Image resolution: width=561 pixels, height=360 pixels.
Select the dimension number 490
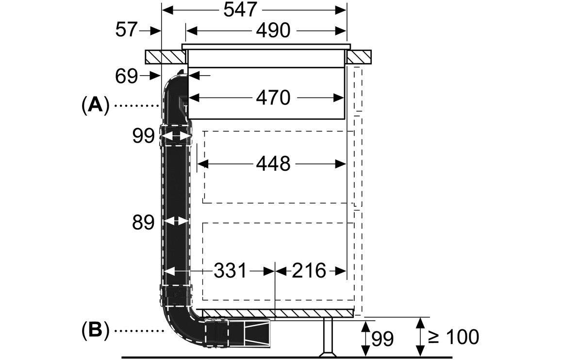[273, 31]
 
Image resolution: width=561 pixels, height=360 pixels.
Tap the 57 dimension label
[126, 29]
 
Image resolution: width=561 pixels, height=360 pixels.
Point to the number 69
[126, 76]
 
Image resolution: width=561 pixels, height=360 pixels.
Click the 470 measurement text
[273, 98]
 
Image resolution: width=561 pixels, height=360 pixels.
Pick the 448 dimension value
[273, 164]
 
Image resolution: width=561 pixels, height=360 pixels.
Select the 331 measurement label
[230, 271]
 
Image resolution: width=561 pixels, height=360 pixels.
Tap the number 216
[309, 271]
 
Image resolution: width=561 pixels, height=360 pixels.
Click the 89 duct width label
[143, 222]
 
